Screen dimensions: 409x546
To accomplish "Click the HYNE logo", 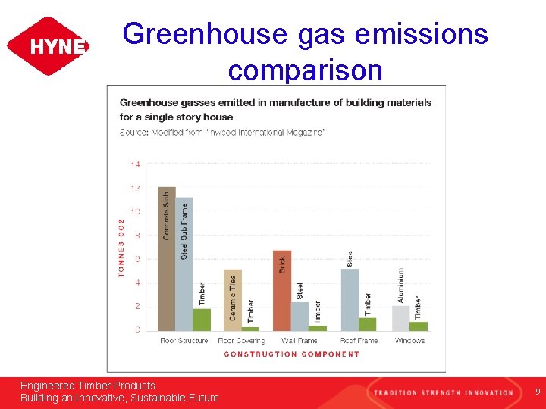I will click(48, 46).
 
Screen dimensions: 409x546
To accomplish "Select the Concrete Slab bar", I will click(166, 258).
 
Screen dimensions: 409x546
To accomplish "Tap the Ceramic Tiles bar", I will click(233, 300).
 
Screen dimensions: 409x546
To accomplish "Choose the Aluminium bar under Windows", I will click(401, 318).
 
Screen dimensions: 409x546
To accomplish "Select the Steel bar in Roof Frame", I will click(350, 299).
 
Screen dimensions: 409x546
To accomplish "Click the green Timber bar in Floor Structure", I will click(202, 320).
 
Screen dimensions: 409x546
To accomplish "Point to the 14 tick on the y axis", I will click(135, 164).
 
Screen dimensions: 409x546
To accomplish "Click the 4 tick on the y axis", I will click(136, 283).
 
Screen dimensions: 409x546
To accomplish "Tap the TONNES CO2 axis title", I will click(121, 248).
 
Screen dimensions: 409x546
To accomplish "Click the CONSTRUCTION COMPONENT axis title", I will click(292, 354).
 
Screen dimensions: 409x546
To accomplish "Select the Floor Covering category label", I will click(241, 341).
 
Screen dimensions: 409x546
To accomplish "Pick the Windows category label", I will click(409, 341).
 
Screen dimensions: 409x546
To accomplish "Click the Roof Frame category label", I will click(358, 341).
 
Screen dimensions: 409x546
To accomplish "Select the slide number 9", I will click(537, 392).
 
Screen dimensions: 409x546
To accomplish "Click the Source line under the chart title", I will click(222, 133).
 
